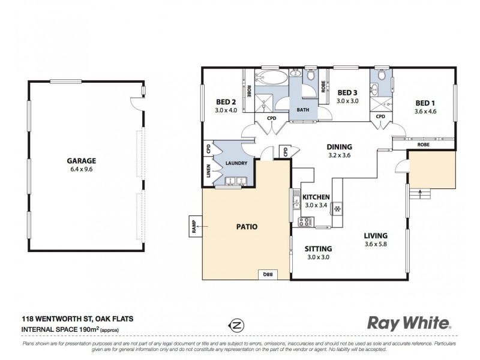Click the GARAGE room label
[x=83, y=161]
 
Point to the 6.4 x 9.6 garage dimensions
[x=83, y=169]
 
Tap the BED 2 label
[x=227, y=102]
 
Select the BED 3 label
[x=347, y=92]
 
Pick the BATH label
[x=302, y=110]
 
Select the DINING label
[x=339, y=147]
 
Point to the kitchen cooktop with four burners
[x=305, y=221]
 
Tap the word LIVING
[x=376, y=235]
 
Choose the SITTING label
[x=318, y=248]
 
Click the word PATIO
[x=246, y=227]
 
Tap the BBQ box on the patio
[x=268, y=274]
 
